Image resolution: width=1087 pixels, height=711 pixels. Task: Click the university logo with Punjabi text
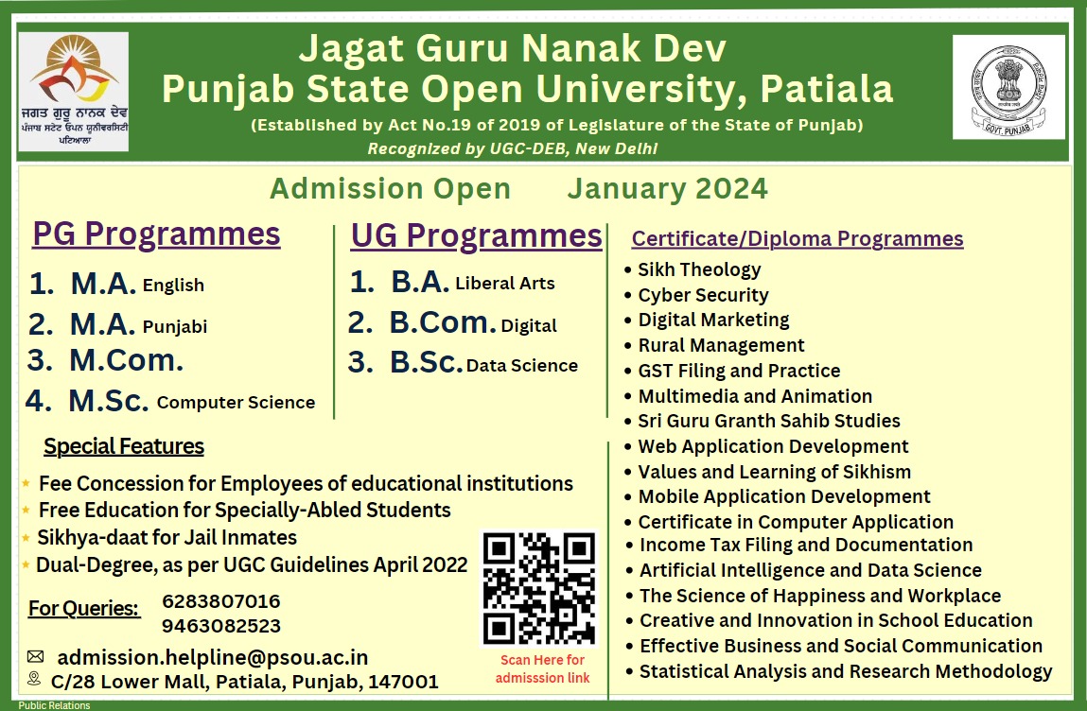pos(74,91)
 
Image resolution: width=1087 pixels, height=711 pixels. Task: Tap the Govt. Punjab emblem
pos(1008,88)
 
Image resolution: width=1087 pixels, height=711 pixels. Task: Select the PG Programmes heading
pos(157,234)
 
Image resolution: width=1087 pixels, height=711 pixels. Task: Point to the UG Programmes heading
pos(476,235)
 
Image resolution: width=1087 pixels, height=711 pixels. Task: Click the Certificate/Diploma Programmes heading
pos(798,238)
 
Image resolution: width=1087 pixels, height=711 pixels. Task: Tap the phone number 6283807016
pos(221,601)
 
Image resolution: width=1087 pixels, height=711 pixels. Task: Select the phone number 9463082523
pos(221,626)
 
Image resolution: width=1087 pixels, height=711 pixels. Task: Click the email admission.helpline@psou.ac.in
pos(213,657)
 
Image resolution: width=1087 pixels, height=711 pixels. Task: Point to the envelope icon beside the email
pos(35,656)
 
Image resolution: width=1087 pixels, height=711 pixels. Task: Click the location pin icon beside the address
pos(35,679)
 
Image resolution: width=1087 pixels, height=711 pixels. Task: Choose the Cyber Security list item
pos(703,295)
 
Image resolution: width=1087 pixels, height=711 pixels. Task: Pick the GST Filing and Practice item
pos(739,371)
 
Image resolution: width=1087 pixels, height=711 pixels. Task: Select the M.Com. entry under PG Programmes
pos(126,360)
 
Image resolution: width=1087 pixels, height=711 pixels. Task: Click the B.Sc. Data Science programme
pos(483,365)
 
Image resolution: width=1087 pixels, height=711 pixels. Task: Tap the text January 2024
pos(667,189)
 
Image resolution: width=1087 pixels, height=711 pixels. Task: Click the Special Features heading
pos(124,446)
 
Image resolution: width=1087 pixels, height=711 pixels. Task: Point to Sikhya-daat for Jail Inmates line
pos(167,538)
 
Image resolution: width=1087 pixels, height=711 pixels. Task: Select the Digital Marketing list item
pos(713,320)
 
